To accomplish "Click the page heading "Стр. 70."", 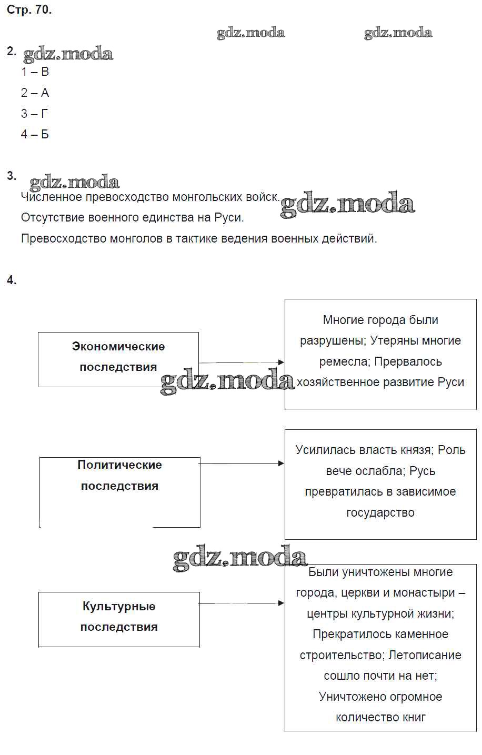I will tap(29, 10).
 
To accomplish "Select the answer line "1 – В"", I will tap(35, 72).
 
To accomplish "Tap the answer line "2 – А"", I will tap(35, 93).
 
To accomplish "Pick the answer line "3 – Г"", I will tap(35, 114).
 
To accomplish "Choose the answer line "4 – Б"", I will tap(35, 134).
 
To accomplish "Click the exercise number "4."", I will tap(12, 280).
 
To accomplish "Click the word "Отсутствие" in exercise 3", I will tap(51, 217).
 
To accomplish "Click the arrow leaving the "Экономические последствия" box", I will tap(242, 362).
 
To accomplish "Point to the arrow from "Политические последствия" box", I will tap(242, 463).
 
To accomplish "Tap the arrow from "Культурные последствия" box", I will tap(242, 603).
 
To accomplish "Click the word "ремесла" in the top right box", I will tap(341, 362).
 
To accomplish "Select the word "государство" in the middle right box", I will tap(380, 512).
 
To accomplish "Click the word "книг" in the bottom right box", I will tap(413, 717).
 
